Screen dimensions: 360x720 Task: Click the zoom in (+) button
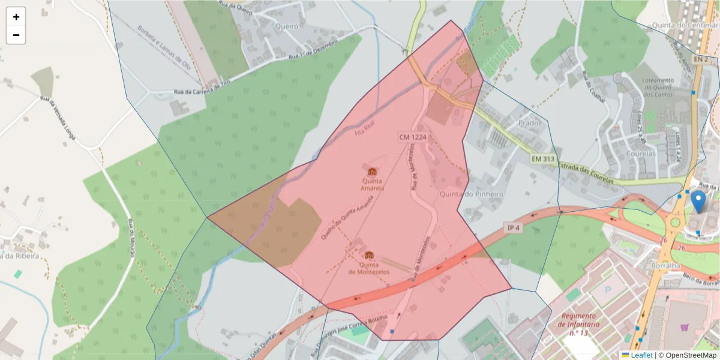(16, 17)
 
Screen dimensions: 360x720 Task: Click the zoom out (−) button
(16, 35)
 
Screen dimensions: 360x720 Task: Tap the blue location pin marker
(698, 202)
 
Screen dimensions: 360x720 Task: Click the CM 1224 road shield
(413, 137)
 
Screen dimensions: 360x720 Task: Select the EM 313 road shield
(542, 159)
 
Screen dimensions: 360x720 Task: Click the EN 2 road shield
(700, 59)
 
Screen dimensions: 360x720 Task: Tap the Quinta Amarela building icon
(372, 173)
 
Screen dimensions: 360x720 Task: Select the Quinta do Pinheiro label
(471, 194)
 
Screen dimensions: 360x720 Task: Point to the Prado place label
(529, 122)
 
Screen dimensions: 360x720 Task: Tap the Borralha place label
(665, 265)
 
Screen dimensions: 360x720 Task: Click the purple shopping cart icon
(685, 328)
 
